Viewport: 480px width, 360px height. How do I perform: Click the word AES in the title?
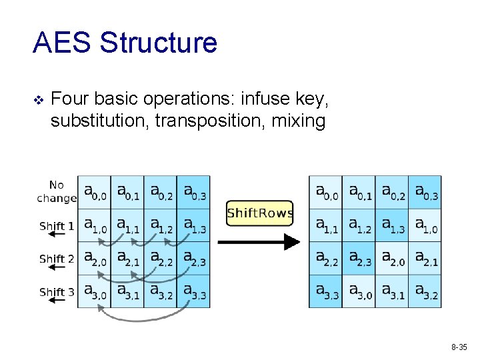[x=63, y=43]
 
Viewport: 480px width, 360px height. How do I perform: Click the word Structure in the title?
[x=159, y=43]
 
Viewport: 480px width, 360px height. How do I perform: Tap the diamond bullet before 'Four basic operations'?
[x=38, y=100]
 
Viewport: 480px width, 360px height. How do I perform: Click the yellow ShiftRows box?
[x=259, y=213]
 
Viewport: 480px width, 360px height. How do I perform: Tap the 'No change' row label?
[x=57, y=192]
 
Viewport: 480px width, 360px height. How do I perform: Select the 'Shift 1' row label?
[x=57, y=226]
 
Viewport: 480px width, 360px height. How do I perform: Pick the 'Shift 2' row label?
[x=57, y=259]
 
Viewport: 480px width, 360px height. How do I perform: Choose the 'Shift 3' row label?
[x=57, y=291]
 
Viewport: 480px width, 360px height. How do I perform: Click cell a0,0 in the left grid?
[x=94, y=192]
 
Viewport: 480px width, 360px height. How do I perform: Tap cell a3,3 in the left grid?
[x=193, y=291]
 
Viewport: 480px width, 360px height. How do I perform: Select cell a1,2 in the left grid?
[x=160, y=225]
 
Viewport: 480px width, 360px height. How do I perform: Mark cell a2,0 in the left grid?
[x=94, y=259]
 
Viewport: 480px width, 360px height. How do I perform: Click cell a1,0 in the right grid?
[x=425, y=225]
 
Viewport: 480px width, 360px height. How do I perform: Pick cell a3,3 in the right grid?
[x=325, y=291]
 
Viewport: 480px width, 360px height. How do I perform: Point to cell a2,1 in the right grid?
[x=425, y=259]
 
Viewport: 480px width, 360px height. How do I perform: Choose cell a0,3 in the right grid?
[x=425, y=192]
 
